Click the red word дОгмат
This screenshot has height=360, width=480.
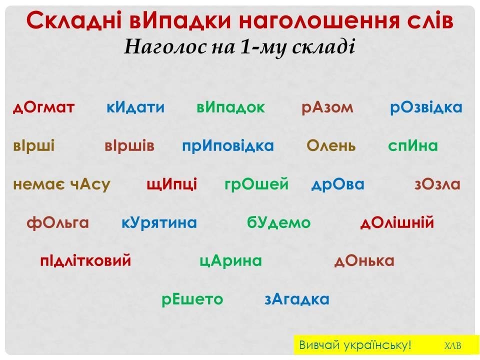click(44, 107)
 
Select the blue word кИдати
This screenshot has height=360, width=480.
click(135, 107)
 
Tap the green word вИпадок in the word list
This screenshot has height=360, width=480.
click(230, 107)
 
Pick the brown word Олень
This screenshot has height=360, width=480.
click(331, 145)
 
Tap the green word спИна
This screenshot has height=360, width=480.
click(413, 145)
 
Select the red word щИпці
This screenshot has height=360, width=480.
click(171, 184)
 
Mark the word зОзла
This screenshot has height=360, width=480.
click(437, 184)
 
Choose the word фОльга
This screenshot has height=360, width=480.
click(58, 223)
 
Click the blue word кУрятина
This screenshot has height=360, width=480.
click(159, 223)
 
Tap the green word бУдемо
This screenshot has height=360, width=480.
click(278, 222)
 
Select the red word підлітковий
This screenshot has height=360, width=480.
click(85, 261)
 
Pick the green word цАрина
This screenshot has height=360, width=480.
click(230, 261)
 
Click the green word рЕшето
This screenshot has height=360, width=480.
click(192, 299)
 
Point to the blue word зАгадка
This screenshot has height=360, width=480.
click(297, 299)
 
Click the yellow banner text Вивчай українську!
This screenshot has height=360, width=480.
click(355, 345)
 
